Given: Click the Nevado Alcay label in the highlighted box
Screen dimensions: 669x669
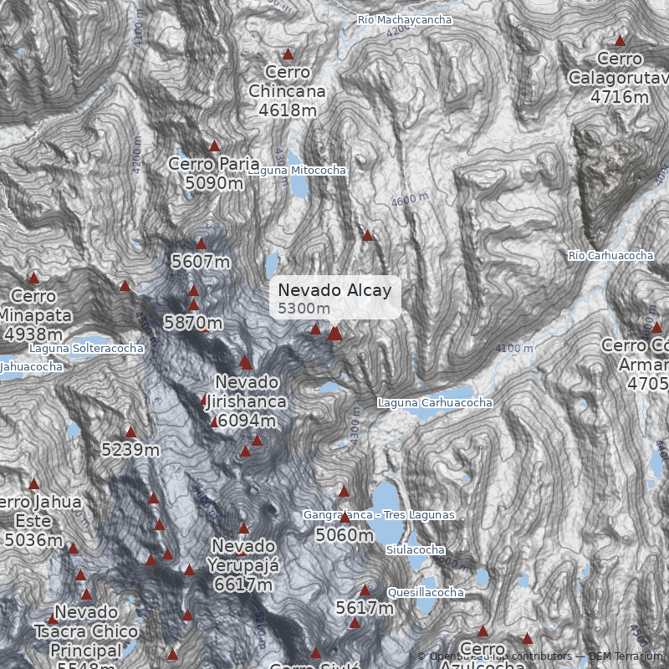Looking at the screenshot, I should click(x=334, y=290).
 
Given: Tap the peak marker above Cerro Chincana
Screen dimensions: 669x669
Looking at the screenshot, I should click(x=289, y=54).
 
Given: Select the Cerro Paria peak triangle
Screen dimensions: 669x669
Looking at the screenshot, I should click(x=214, y=146).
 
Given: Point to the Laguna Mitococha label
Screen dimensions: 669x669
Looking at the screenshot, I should click(x=297, y=171).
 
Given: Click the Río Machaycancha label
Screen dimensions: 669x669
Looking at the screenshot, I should click(x=404, y=19).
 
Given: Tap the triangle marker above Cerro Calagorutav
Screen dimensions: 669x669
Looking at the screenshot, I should click(x=620, y=40).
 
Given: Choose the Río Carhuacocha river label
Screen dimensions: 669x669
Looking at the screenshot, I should click(x=610, y=255).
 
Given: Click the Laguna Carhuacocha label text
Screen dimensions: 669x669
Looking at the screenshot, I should click(x=435, y=403).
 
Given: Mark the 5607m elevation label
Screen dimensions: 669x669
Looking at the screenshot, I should click(x=201, y=262).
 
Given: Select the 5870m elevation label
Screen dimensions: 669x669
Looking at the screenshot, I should click(x=193, y=322).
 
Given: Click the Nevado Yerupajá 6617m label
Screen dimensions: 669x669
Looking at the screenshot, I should click(x=243, y=564).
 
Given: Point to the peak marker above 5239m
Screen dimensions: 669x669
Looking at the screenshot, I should click(x=131, y=432).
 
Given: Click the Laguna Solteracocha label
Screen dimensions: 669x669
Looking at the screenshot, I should click(x=86, y=348).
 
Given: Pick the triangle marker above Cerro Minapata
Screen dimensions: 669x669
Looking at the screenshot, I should click(x=34, y=278).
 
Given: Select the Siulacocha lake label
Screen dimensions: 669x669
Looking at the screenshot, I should click(x=416, y=550).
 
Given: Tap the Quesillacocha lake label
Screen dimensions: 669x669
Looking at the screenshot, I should click(x=426, y=593).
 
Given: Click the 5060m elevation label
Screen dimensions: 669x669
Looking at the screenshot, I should click(x=345, y=535).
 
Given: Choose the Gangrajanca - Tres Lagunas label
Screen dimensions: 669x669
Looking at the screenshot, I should click(x=380, y=515).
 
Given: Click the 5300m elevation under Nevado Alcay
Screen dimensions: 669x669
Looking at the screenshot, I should click(x=304, y=309).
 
